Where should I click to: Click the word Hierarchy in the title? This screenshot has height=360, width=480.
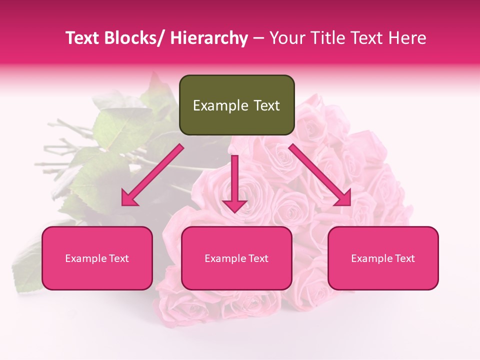click(208, 38)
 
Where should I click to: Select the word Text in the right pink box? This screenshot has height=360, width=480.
click(404, 258)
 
